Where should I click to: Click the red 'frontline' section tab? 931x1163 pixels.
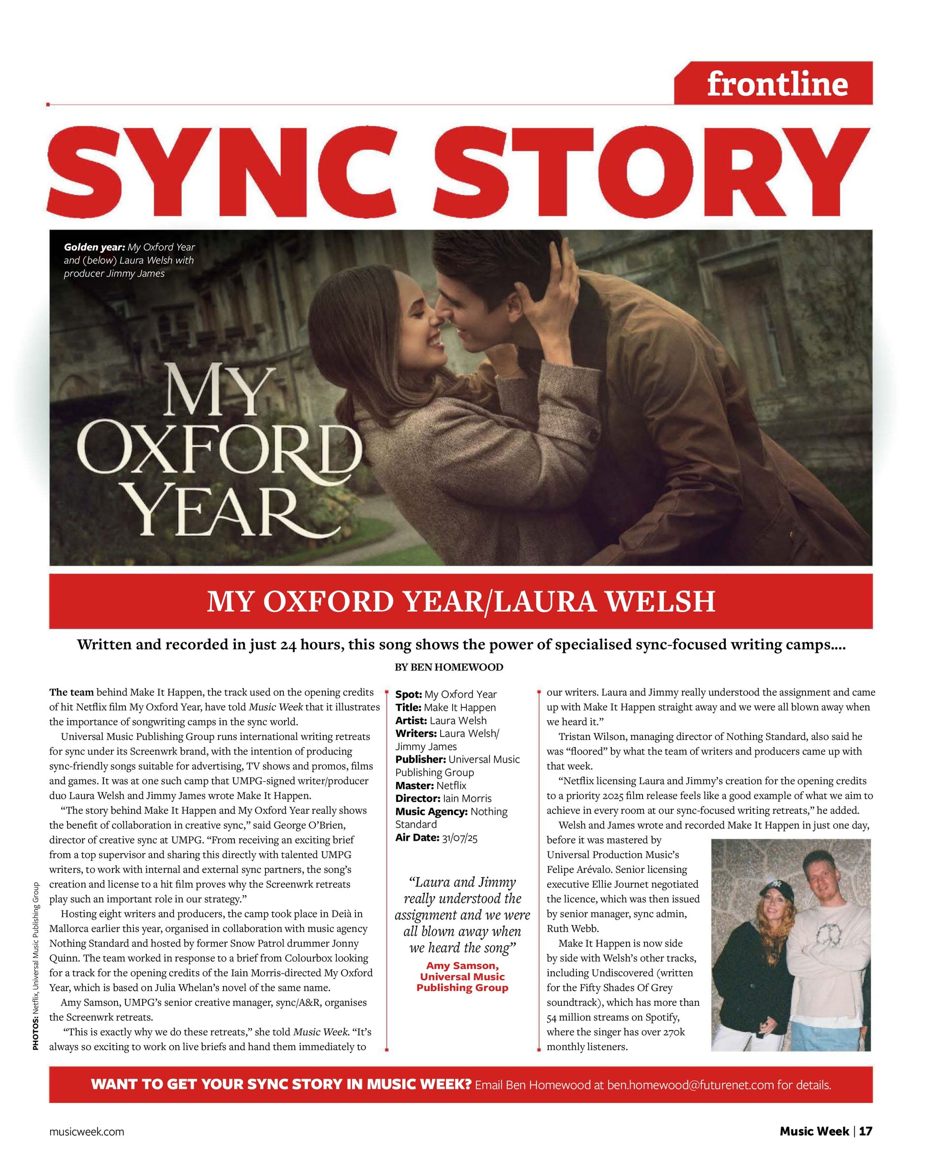point(776,84)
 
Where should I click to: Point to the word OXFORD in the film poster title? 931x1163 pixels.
point(219,450)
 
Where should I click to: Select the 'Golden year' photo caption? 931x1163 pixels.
point(129,260)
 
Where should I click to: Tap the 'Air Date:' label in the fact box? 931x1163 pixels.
point(417,838)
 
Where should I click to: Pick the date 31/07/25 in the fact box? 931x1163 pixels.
point(459,838)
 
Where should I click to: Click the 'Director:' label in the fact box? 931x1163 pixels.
point(418,798)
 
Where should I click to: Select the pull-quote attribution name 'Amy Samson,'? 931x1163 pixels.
point(462,966)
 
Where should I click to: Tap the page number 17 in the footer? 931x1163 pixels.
point(865,1131)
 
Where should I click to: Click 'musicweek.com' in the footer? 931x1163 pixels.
point(86,1132)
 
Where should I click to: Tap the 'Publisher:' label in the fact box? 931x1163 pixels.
point(421,759)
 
